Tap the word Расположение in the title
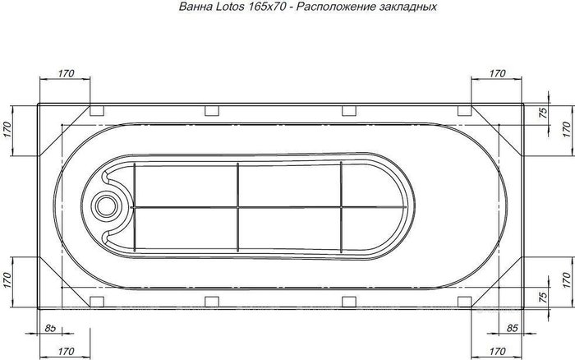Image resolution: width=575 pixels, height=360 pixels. pyautogui.click(x=334, y=7)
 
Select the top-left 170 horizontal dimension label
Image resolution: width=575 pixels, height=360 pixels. pyautogui.click(x=66, y=73)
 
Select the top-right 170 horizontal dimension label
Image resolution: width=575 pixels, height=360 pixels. pyautogui.click(x=498, y=73)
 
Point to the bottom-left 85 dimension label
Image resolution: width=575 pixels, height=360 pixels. pyautogui.click(x=50, y=328)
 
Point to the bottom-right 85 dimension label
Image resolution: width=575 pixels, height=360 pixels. pyautogui.click(x=512, y=328)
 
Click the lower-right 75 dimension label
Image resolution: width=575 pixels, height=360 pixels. pyautogui.click(x=544, y=295)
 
